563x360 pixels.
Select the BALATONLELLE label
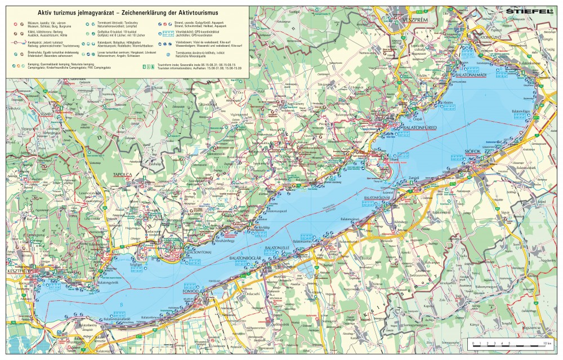click(x=277, y=247)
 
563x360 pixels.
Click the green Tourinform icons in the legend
click(x=148, y=67)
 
